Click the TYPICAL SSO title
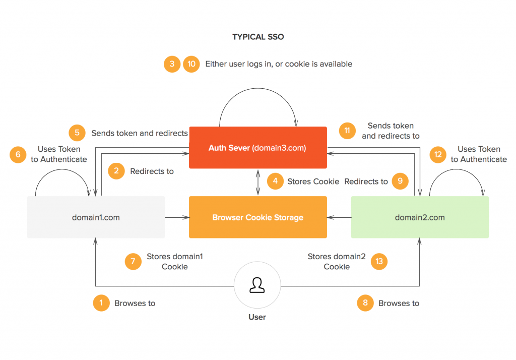pyautogui.click(x=258, y=37)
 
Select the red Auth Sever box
pyautogui.click(x=258, y=148)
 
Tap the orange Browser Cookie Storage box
pyautogui.click(x=258, y=217)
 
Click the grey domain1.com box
pyautogui.click(x=96, y=217)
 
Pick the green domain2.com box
pyautogui.click(x=420, y=217)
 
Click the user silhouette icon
pyautogui.click(x=257, y=285)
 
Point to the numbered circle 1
pyautogui.click(x=101, y=303)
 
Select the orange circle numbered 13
pyautogui.click(x=379, y=262)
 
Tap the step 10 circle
pyautogui.click(x=191, y=64)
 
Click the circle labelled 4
pyautogui.click(x=275, y=181)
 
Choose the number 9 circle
pyautogui.click(x=400, y=181)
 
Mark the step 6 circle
pyautogui.click(x=18, y=154)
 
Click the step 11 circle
pyautogui.click(x=347, y=131)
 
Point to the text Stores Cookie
pyautogui.click(x=313, y=182)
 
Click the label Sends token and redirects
pyautogui.click(x=140, y=133)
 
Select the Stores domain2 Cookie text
pyautogui.click(x=337, y=262)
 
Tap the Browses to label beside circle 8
pyautogui.click(x=399, y=304)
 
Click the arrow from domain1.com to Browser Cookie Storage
pyautogui.click(x=177, y=217)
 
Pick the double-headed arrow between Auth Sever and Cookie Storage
pyautogui.click(x=258, y=183)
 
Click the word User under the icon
pyautogui.click(x=257, y=317)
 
